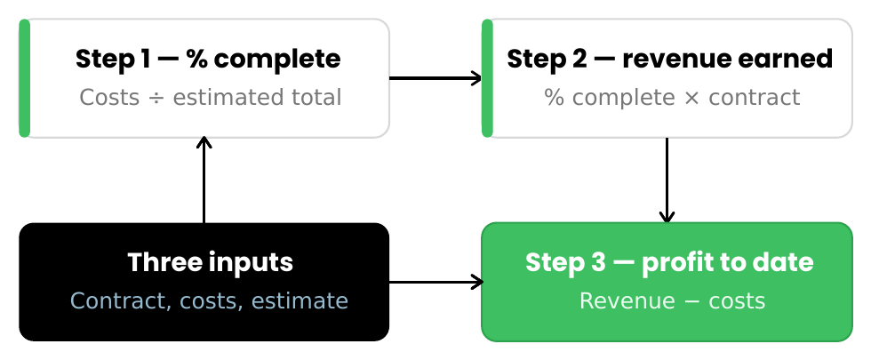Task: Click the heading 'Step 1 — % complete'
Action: click(x=208, y=59)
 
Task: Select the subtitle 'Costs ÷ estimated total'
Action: click(x=210, y=97)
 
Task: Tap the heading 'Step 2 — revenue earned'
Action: click(x=670, y=59)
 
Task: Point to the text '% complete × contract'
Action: click(x=672, y=97)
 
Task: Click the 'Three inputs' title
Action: click(x=210, y=262)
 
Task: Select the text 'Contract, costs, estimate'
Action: click(x=209, y=301)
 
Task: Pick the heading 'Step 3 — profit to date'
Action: click(x=669, y=262)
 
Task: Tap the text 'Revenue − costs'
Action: click(x=672, y=301)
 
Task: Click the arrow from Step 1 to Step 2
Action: click(x=435, y=78)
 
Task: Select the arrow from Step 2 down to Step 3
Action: click(x=667, y=180)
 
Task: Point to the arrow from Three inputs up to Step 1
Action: click(x=204, y=180)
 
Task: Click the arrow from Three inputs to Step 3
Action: click(x=436, y=283)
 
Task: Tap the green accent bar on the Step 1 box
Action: click(x=25, y=78)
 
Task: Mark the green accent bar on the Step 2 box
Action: click(x=487, y=78)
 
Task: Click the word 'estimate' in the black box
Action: click(x=300, y=301)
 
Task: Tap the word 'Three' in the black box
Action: click(x=156, y=262)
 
